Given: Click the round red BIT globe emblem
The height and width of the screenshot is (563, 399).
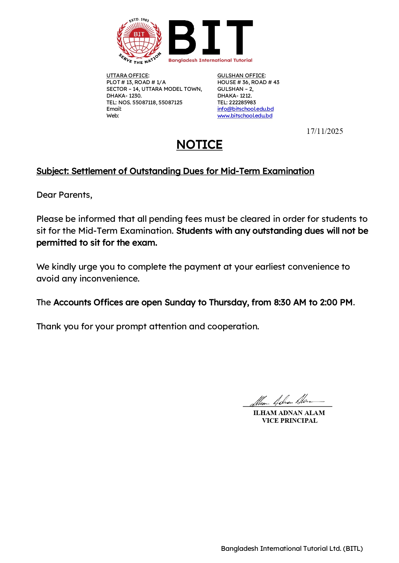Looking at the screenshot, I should pos(139,40).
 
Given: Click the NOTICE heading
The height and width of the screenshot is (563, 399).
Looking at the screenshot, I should pos(199,145).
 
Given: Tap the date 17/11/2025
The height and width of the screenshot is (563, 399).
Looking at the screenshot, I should pos(324,131).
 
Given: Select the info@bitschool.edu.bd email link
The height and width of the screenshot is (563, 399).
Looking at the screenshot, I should pos(245,109).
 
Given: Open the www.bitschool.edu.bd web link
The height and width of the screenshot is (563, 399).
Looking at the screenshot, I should pos(245,116).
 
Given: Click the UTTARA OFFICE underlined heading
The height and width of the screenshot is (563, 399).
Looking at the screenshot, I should pos(127,75).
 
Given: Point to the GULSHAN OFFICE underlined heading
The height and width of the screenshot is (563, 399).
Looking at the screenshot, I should pos(241,75).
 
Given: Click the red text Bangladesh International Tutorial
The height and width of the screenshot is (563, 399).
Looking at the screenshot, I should pos(210,60).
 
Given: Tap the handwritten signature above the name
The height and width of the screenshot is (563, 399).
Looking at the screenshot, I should pos(286,400).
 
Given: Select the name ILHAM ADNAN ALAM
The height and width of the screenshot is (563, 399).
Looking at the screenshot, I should pos(289,413).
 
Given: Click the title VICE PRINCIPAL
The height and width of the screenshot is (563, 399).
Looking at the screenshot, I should pos(289,421).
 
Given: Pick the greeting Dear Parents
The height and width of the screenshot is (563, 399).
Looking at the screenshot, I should pos(64,195).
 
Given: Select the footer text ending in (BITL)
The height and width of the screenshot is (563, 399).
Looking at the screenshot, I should pos(292,549).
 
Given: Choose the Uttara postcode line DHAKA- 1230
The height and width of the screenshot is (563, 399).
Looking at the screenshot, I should pos(124,96).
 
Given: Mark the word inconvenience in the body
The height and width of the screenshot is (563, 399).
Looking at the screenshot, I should pos(109,279).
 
